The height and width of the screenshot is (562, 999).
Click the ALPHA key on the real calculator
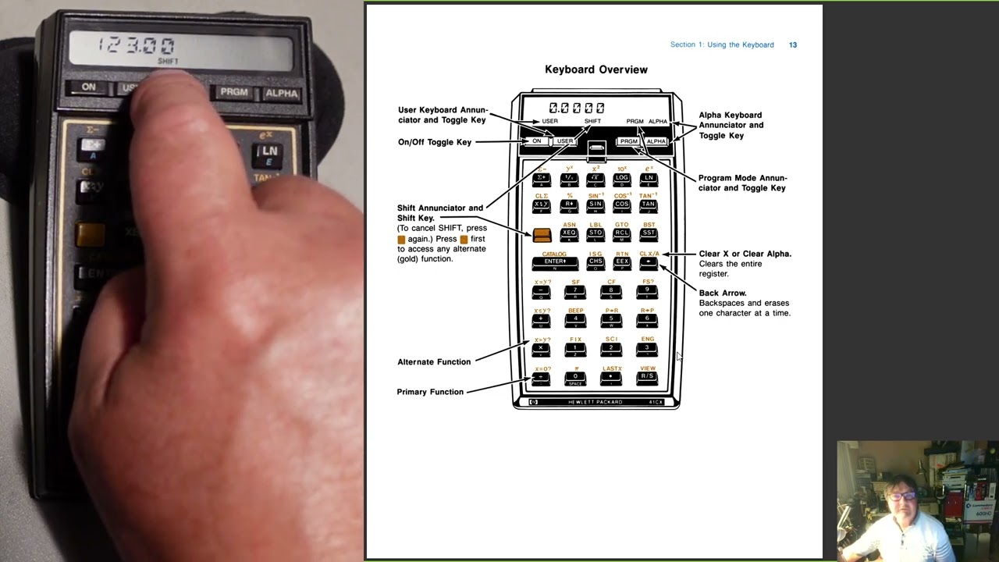[x=281, y=93]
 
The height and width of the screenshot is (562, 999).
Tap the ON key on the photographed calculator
[x=88, y=87]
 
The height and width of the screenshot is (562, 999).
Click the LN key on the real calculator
[x=269, y=151]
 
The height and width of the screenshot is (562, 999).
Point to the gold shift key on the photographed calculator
[x=90, y=233]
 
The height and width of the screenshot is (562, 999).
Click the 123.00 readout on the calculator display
[x=137, y=45]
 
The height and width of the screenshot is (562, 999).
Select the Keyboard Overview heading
[x=595, y=69]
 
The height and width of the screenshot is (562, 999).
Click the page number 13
[x=793, y=45]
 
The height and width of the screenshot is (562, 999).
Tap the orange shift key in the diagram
[x=542, y=234]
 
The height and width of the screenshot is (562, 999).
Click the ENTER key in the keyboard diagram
[x=555, y=262]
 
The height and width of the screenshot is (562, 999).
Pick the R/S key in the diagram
[x=647, y=377]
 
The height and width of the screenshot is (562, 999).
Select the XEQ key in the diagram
[x=569, y=233]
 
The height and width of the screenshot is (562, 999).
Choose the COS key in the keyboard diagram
[x=622, y=205]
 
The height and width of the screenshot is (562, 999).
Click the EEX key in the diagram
[x=622, y=262]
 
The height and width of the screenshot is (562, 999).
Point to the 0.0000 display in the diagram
[x=576, y=108]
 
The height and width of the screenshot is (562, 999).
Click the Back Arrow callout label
[x=723, y=293]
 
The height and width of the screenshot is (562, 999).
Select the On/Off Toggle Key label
[x=435, y=142]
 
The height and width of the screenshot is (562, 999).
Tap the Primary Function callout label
[x=430, y=392]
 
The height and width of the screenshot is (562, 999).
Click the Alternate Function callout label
[x=434, y=362]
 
